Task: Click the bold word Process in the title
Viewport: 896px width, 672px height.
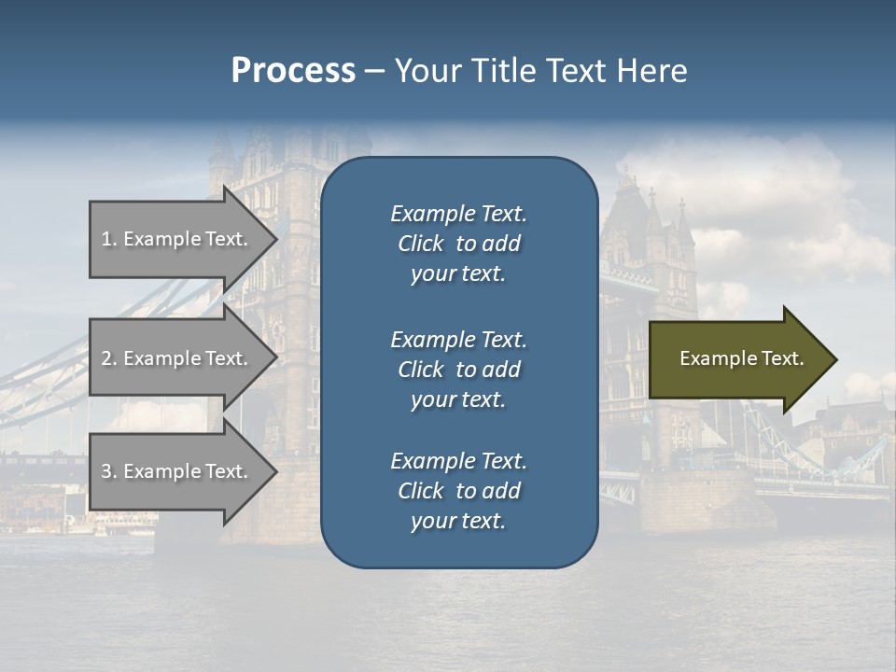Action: [293, 71]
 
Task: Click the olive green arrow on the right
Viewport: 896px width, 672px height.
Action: [737, 358]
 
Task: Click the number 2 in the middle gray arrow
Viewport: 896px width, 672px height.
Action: [106, 358]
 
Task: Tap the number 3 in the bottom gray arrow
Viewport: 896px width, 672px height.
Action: [106, 471]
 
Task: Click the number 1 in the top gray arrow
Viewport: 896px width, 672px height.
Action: [106, 239]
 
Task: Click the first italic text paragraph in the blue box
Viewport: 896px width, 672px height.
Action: [458, 244]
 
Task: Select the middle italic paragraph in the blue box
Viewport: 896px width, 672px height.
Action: [458, 369]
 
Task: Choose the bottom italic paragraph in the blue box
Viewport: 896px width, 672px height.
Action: [458, 491]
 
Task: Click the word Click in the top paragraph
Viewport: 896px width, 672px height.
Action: [420, 244]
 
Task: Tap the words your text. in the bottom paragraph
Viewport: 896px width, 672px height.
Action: [458, 521]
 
